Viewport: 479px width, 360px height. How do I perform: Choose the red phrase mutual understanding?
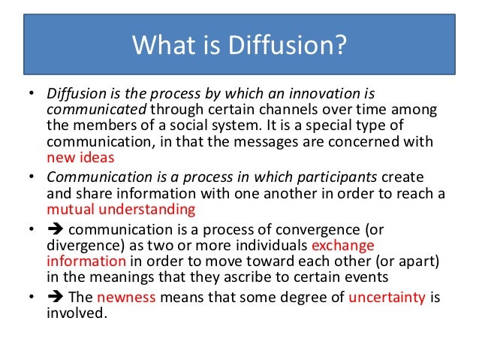tap(120, 210)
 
